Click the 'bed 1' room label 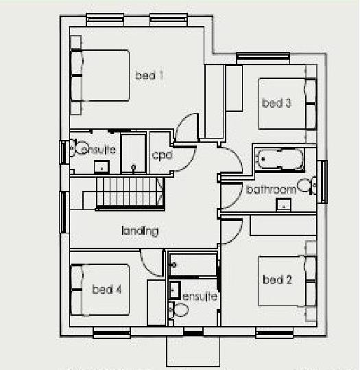149,76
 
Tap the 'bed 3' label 277,104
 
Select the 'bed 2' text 277,279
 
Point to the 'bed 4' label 107,290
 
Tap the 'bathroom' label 271,189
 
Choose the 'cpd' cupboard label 162,155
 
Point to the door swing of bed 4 151,259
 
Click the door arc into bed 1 186,130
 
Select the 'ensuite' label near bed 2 200,297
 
